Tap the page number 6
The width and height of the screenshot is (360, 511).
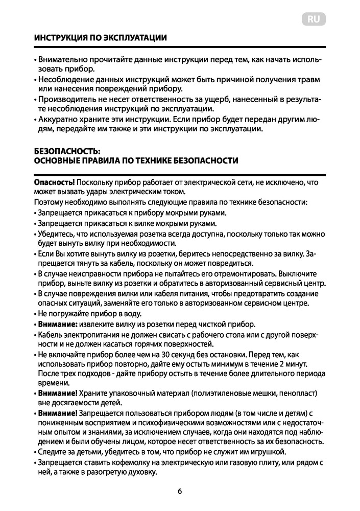tap(180, 492)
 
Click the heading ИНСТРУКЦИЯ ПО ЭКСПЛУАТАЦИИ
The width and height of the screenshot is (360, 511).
tap(100, 38)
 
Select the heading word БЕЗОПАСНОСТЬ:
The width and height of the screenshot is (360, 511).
tap(64, 151)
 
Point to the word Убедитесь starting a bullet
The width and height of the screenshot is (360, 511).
tap(56, 234)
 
